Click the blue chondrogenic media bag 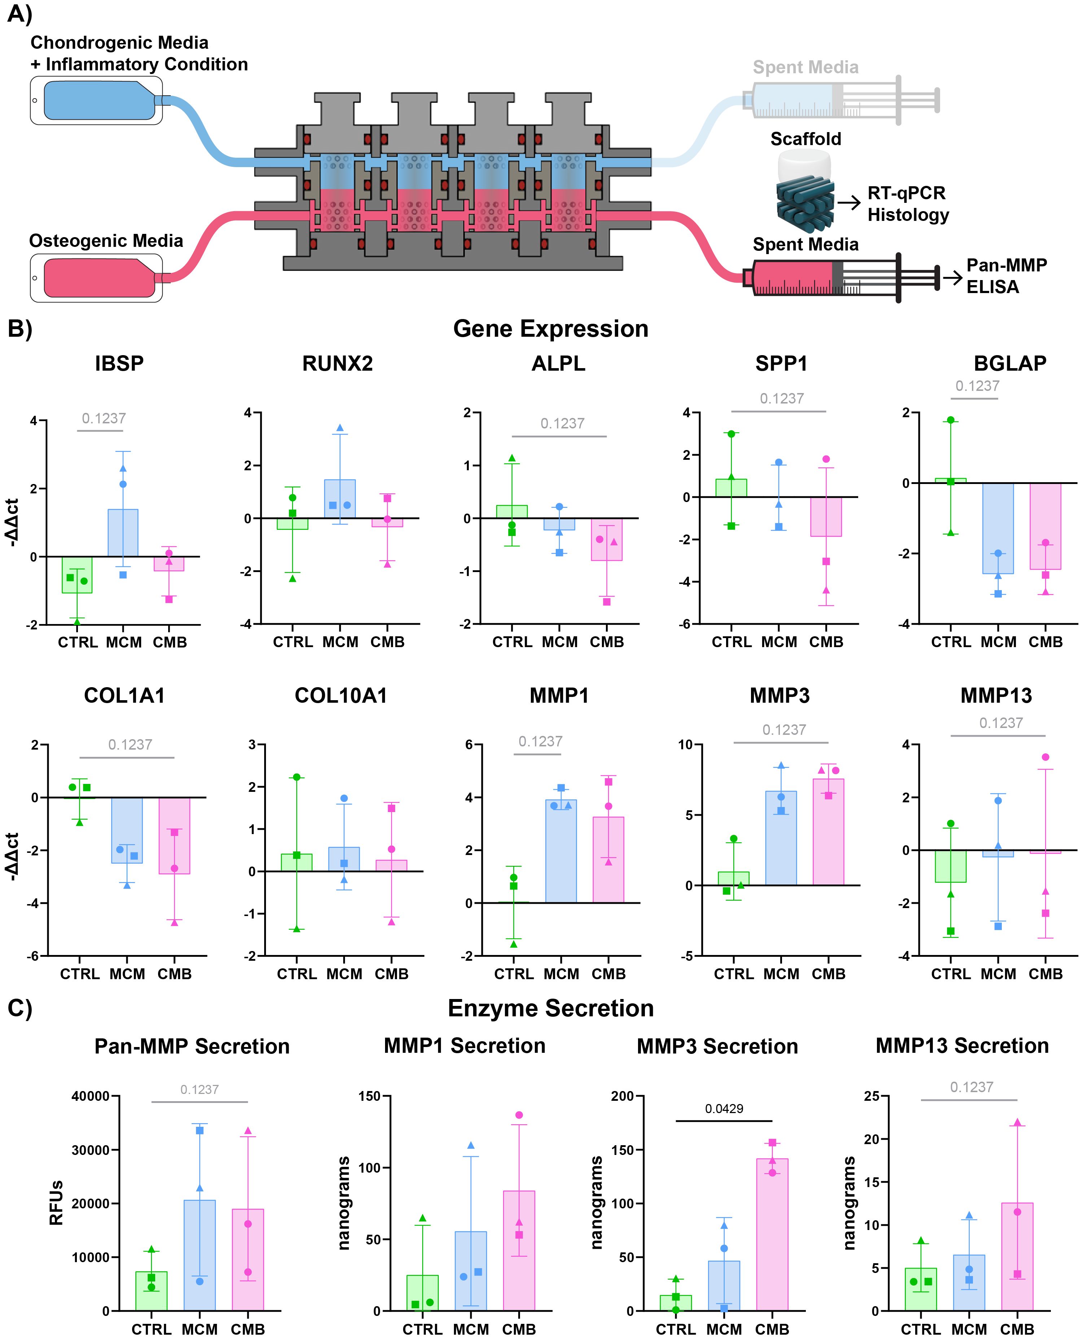[x=97, y=100]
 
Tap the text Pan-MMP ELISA [x=1006, y=276]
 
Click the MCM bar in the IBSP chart [x=123, y=533]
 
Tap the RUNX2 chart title [x=337, y=363]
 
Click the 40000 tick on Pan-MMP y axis [x=91, y=1096]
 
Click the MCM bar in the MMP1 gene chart [x=561, y=851]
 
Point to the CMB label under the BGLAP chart [x=1045, y=642]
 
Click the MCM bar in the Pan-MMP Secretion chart [x=200, y=1255]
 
